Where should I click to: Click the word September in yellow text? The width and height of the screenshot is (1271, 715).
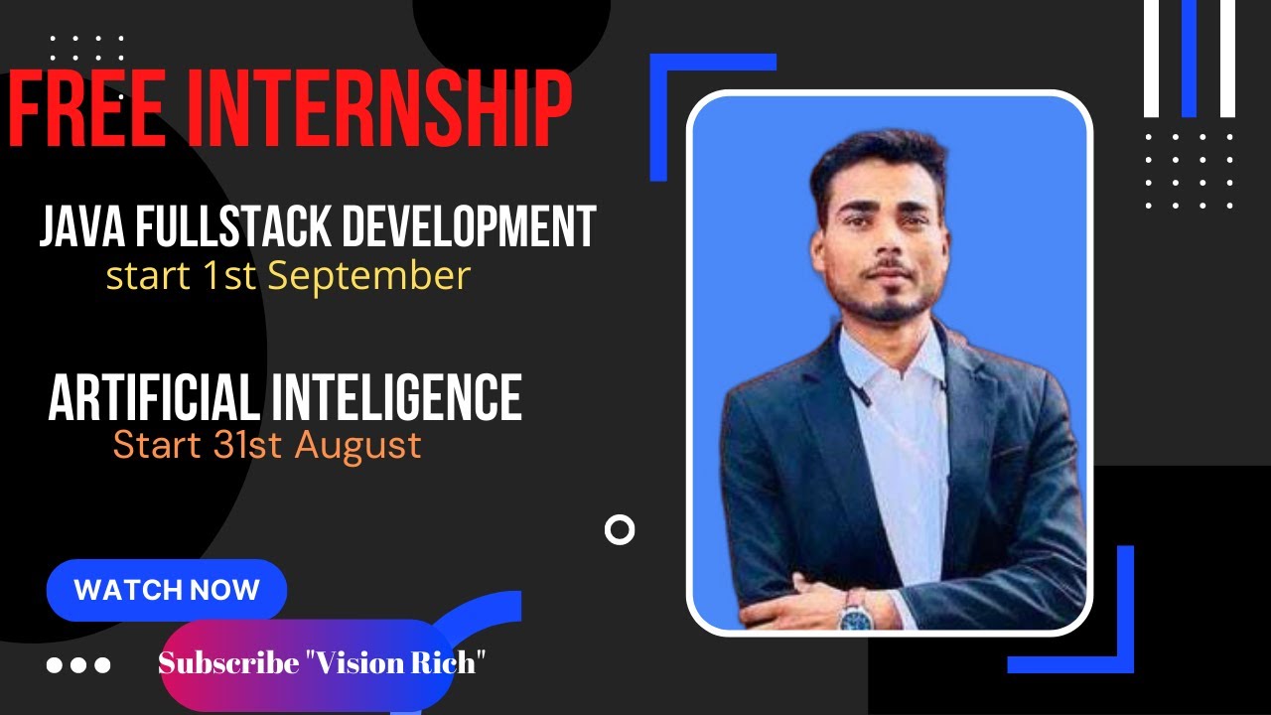pos(368,276)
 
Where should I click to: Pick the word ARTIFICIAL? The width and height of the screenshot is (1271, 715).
pos(154,398)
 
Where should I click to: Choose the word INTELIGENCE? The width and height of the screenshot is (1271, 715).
pos(396,398)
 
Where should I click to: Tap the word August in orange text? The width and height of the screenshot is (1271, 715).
pos(358,445)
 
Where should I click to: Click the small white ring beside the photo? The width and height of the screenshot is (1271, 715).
pos(620,530)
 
